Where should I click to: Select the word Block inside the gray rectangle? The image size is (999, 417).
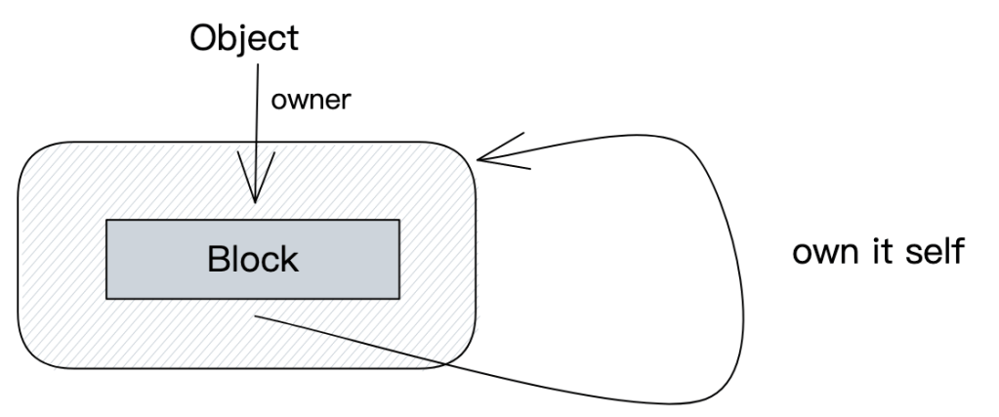click(252, 260)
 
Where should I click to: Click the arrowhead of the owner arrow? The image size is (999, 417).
click(254, 195)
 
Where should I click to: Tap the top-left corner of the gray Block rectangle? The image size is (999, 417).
click(106, 221)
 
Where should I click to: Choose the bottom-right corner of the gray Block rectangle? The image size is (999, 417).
click(399, 298)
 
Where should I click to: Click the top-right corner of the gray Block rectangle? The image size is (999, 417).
click(399, 221)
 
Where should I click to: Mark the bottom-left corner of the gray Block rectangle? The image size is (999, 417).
click(106, 298)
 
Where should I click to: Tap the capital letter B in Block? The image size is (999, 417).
click(218, 260)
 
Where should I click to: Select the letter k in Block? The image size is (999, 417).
click(288, 260)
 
